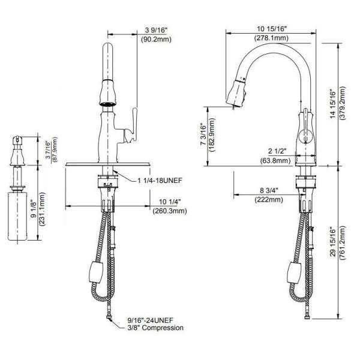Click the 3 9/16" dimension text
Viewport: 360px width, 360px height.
click(x=157, y=30)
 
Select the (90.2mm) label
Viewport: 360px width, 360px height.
click(x=156, y=39)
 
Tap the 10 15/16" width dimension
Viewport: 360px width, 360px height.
click(x=272, y=29)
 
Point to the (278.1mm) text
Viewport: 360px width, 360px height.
click(x=271, y=38)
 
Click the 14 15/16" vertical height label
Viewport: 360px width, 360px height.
click(x=332, y=104)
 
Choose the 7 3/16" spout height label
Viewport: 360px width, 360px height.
click(x=203, y=135)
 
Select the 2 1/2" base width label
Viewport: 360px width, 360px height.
click(x=278, y=151)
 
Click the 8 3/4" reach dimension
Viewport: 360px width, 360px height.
click(x=269, y=190)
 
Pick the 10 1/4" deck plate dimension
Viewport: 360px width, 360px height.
click(x=170, y=202)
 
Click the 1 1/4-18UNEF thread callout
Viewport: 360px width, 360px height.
click(x=160, y=181)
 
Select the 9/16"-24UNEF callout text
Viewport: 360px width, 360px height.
click(x=151, y=320)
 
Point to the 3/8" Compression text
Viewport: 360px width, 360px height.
click(x=155, y=328)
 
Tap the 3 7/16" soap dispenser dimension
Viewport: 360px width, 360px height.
click(x=48, y=150)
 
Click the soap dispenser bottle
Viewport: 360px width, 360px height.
click(x=17, y=216)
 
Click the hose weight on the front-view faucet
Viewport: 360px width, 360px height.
click(x=96, y=272)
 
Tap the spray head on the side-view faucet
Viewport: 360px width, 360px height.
click(x=236, y=94)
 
